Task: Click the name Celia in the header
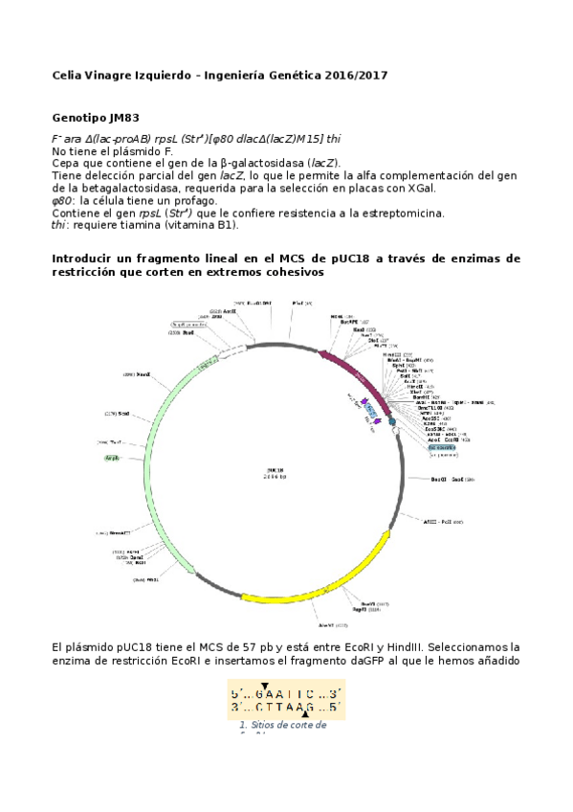click(67, 75)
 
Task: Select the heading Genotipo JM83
click(95, 118)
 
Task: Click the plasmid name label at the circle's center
click(276, 472)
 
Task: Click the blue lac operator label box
click(442, 447)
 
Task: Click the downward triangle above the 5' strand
click(265, 686)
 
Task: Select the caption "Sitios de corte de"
click(283, 725)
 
